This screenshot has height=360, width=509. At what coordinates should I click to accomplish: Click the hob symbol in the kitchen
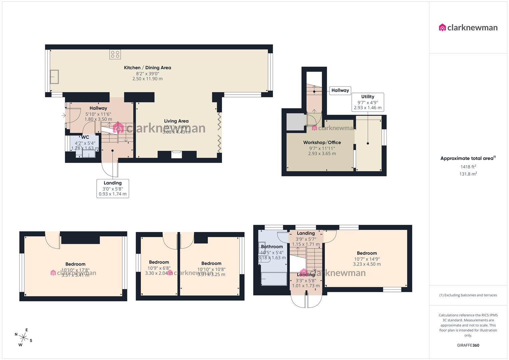pos(115,55)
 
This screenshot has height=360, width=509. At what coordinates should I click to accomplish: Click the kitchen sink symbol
pos(54,77)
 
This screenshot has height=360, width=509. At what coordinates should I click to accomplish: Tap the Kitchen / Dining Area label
pos(147,68)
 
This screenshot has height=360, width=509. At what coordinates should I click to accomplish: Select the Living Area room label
pos(176,121)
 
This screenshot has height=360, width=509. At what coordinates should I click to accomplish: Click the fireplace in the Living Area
pos(177,155)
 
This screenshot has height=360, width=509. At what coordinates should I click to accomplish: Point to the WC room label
pos(85,137)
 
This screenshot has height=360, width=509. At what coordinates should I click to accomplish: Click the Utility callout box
pos(368,102)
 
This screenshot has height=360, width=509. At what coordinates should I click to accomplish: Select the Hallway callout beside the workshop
pos(340,90)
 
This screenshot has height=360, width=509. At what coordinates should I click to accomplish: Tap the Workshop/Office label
pos(322,142)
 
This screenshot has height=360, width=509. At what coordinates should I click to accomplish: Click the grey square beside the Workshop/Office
pos(295,122)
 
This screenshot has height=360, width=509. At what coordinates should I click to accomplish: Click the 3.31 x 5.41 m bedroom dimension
pos(75,275)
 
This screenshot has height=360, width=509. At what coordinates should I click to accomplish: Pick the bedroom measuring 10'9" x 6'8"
pos(159,268)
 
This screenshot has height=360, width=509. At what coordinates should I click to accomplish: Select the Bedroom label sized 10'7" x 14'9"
pos(367,253)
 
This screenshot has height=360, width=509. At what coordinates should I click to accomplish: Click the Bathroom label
pos(272,247)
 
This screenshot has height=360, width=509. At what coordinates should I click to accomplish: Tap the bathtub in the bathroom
pos(274,279)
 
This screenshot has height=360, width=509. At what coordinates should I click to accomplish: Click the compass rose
pos(23,337)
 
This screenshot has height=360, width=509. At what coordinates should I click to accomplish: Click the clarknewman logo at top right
pos(468,28)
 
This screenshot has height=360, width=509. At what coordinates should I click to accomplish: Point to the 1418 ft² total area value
pos(468,167)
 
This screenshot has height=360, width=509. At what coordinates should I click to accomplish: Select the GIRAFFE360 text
pos(468,345)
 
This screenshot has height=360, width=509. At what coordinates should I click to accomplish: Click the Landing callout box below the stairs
pos(113,188)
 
